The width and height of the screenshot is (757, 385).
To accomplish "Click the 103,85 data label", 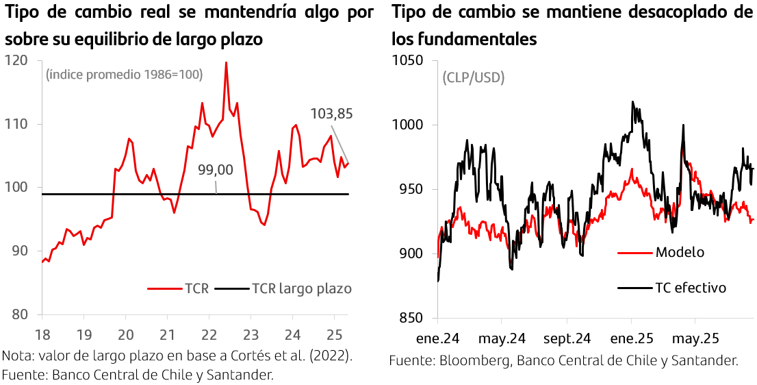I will (x=331, y=114).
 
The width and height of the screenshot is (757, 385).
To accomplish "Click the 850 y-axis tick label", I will (x=411, y=318).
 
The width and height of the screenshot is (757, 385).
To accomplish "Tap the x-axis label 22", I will (x=209, y=336).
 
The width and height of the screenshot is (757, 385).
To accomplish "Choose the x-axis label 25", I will (x=334, y=336).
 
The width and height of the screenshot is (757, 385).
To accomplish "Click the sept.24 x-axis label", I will (x=567, y=338).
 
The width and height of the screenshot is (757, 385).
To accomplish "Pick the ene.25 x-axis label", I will (x=632, y=338).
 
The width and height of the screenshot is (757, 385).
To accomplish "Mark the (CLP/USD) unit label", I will (x=473, y=78).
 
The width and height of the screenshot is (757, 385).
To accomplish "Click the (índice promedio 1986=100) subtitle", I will (x=124, y=75).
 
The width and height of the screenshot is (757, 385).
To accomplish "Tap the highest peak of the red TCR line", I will (x=226, y=62).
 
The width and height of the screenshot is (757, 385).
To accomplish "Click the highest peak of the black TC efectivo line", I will (x=632, y=102).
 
